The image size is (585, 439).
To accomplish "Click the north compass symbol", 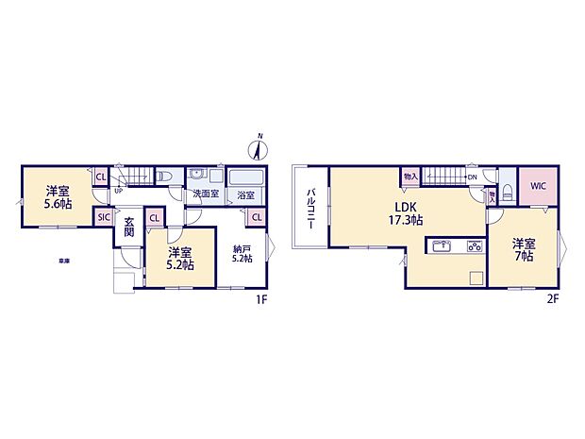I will (x=257, y=147).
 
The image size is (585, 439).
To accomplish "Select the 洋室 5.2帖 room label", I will (x=181, y=258).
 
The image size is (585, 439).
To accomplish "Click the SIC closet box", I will (x=103, y=217).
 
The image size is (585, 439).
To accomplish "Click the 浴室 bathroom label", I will (x=244, y=194).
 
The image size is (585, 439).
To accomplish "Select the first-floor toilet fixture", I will (x=164, y=177).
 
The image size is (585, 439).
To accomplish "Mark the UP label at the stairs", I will (x=118, y=191).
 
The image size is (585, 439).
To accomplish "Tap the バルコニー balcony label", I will (x=309, y=208).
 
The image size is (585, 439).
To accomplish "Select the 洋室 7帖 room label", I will (x=524, y=250).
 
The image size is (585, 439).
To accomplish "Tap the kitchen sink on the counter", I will (x=442, y=247).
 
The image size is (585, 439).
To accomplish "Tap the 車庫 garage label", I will (x=63, y=260).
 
